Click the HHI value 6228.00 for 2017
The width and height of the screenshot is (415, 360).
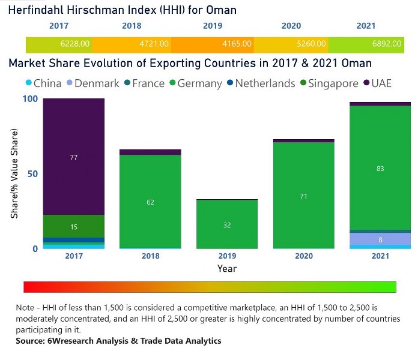coord(75,44)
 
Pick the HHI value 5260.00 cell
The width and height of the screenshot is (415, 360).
coord(313,44)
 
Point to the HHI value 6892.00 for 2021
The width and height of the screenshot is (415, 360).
coord(378,44)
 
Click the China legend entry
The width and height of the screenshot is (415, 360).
coord(43,83)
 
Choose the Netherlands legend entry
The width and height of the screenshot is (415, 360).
coord(259,83)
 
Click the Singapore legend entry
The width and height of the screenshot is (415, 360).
coord(327,83)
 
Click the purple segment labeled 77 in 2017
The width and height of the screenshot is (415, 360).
coord(74,157)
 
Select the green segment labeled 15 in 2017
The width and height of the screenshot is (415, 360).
coord(74,226)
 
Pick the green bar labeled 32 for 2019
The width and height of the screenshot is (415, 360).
coord(227,224)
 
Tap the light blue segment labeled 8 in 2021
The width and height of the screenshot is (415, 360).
coord(380,239)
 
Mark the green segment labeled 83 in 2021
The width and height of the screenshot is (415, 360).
coord(380,168)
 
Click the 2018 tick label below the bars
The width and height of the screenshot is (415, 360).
coord(150,256)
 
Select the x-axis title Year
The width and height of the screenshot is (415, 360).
coord(227,269)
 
